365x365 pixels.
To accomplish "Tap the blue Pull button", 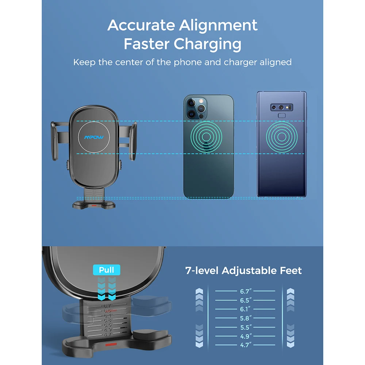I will coord(107,270).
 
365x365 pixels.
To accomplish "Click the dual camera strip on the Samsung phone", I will coord(281,107).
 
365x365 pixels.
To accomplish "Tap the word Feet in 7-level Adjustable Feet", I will coord(290,271).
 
